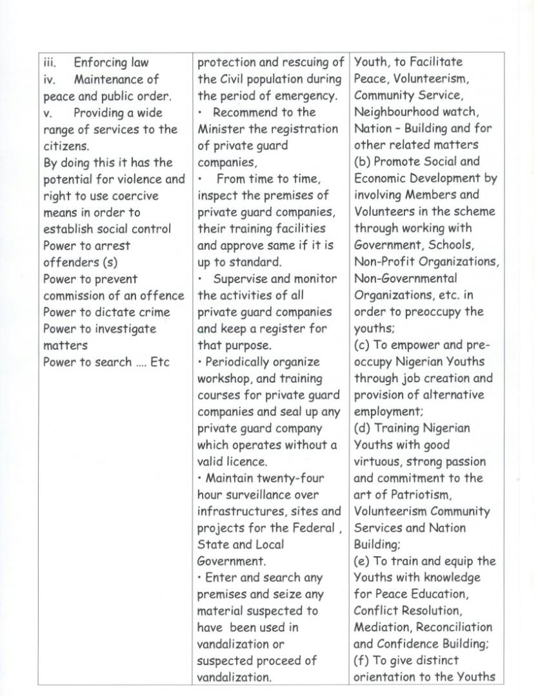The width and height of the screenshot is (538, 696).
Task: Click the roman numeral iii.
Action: (50, 63)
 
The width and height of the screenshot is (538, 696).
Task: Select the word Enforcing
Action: (101, 63)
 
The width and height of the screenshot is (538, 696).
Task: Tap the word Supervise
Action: (242, 279)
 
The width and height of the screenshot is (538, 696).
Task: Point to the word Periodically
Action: (244, 362)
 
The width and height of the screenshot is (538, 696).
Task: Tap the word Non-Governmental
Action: (405, 278)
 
